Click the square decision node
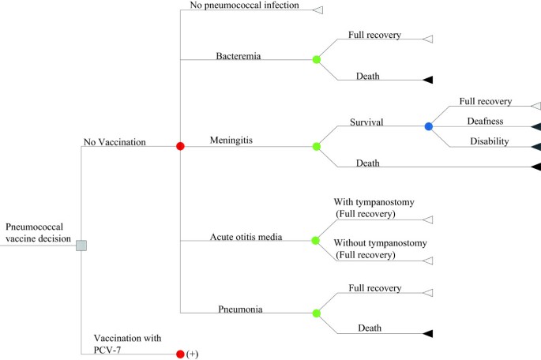coord(81,246)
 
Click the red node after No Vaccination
coord(180,146)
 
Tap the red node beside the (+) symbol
coord(180,354)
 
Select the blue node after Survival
coord(429,126)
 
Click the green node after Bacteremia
coord(317,59)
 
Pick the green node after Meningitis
coord(317,146)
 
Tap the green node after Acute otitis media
coord(317,241)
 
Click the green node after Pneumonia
coord(317,313)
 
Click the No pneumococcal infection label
coord(245,6)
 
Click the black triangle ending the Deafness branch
coord(535,126)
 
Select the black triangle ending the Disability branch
coord(535,146)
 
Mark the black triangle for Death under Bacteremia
coord(427,80)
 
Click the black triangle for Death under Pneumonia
coord(427,334)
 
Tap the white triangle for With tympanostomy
coord(427,221)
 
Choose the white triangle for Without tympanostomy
coord(427,261)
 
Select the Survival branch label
coord(366,122)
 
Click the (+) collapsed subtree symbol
coord(192,354)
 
